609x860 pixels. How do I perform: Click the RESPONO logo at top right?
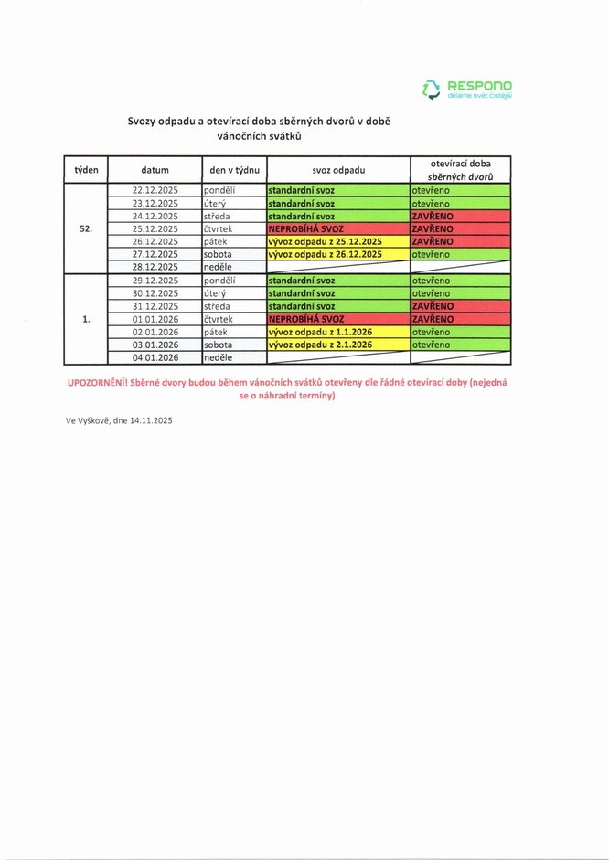coord(467,89)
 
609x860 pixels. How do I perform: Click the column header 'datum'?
coord(155,170)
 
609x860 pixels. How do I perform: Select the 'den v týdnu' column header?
coord(234,170)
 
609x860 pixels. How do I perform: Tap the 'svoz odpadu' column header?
coord(337,170)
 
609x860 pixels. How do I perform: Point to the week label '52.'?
coord(87,228)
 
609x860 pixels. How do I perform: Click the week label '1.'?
coord(87,319)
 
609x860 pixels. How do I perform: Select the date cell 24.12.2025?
coord(155,216)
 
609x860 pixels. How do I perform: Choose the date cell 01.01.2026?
coord(155,319)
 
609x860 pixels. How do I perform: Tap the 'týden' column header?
coord(87,170)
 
